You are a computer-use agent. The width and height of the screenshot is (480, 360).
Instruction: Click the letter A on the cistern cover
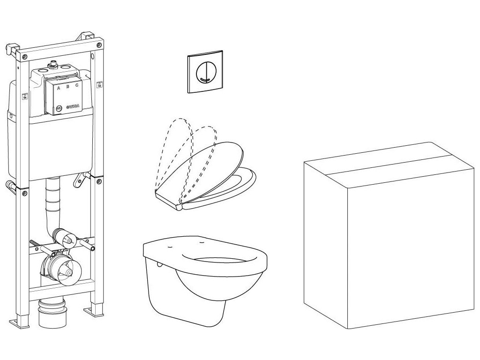pos(59,88)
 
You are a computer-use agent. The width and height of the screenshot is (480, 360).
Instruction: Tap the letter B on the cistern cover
pos(67,87)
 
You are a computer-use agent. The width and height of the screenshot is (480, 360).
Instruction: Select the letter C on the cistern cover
pos(76,86)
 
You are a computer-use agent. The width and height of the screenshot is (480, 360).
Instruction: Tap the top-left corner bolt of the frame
pos(24,57)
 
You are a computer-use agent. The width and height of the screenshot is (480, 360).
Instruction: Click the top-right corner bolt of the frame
pos(98,45)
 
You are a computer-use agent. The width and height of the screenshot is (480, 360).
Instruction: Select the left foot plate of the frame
pos(19,323)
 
